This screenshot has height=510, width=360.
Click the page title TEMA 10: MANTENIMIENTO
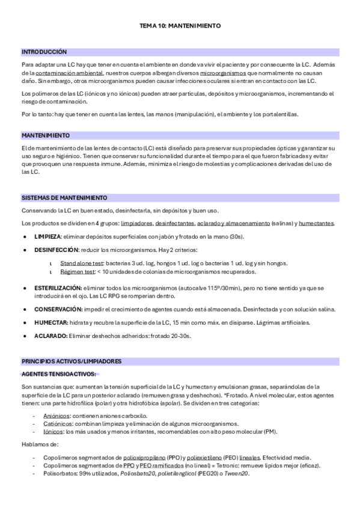click(x=180, y=26)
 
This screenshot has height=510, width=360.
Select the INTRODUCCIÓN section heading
click(x=44, y=52)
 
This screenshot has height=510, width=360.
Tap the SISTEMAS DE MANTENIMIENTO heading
click(x=64, y=198)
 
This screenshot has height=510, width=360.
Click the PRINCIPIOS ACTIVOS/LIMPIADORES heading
click(x=72, y=361)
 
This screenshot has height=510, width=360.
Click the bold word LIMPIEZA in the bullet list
click(x=47, y=237)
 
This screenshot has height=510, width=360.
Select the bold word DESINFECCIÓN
click(x=56, y=250)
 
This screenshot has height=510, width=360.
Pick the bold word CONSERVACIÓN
click(x=58, y=309)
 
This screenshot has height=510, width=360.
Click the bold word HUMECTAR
click(x=50, y=323)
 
